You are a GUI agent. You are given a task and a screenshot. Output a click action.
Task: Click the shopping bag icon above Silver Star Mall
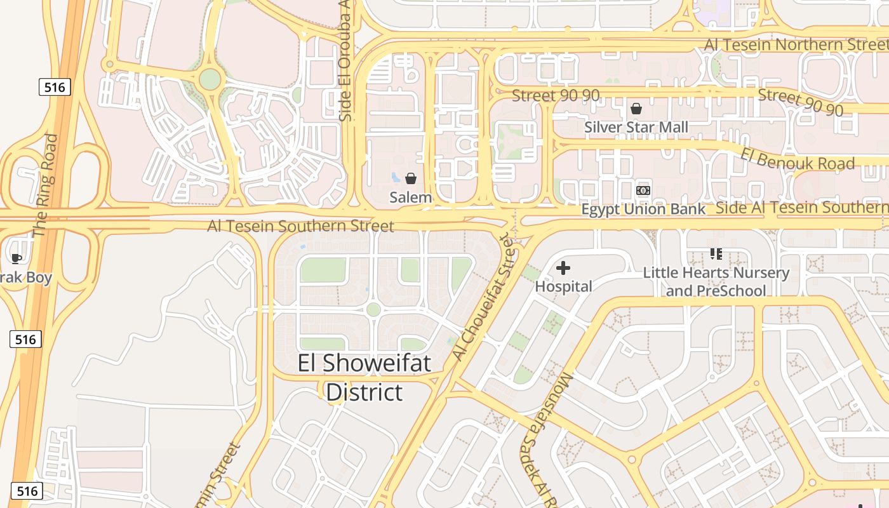coord(636,109)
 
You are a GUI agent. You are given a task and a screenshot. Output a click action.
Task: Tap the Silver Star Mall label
coord(636,127)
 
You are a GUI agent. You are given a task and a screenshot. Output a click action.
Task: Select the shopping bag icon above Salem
coord(411,178)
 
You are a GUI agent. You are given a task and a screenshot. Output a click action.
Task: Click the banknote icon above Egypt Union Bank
coord(643,190)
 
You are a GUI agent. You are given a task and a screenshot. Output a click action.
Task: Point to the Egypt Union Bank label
coord(643,210)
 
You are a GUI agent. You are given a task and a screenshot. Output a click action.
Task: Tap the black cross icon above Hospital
coord(563,268)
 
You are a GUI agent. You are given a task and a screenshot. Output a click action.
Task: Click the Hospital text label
coord(563,286)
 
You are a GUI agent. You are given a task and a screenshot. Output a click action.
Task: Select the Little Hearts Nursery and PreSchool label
coord(716,282)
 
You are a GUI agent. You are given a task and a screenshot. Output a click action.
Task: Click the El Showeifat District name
coord(364,378)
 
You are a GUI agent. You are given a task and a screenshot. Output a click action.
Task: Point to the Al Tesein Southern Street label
coord(300,226)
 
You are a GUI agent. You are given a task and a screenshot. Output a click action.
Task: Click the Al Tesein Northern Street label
coord(796,44)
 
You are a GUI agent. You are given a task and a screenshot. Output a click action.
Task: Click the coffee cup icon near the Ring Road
coord(16,258)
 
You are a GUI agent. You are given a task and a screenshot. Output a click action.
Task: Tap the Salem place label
coord(411,197)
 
